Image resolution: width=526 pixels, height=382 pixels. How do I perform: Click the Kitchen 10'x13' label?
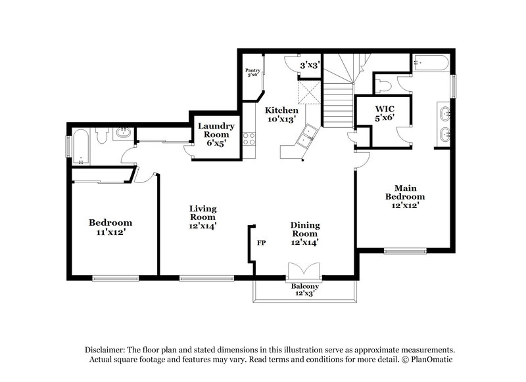click(x=281, y=115)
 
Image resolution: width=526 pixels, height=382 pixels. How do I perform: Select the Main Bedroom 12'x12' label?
click(x=404, y=196)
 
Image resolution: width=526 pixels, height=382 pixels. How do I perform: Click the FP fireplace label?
click(x=261, y=242)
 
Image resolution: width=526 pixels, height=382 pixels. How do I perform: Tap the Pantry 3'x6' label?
click(x=252, y=72)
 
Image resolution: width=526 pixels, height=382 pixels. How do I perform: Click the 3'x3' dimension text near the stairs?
click(x=309, y=66)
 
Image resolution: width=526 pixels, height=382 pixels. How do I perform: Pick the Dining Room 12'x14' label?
click(x=305, y=233)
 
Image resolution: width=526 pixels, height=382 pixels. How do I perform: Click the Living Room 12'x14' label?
click(x=203, y=217)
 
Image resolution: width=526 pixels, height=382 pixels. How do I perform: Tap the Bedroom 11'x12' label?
click(x=110, y=227)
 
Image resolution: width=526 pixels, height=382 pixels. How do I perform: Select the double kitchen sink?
click(x=306, y=138)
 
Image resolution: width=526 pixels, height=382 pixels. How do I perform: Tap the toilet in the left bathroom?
click(x=102, y=136)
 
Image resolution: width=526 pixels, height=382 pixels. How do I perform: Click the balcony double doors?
click(x=304, y=270)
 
